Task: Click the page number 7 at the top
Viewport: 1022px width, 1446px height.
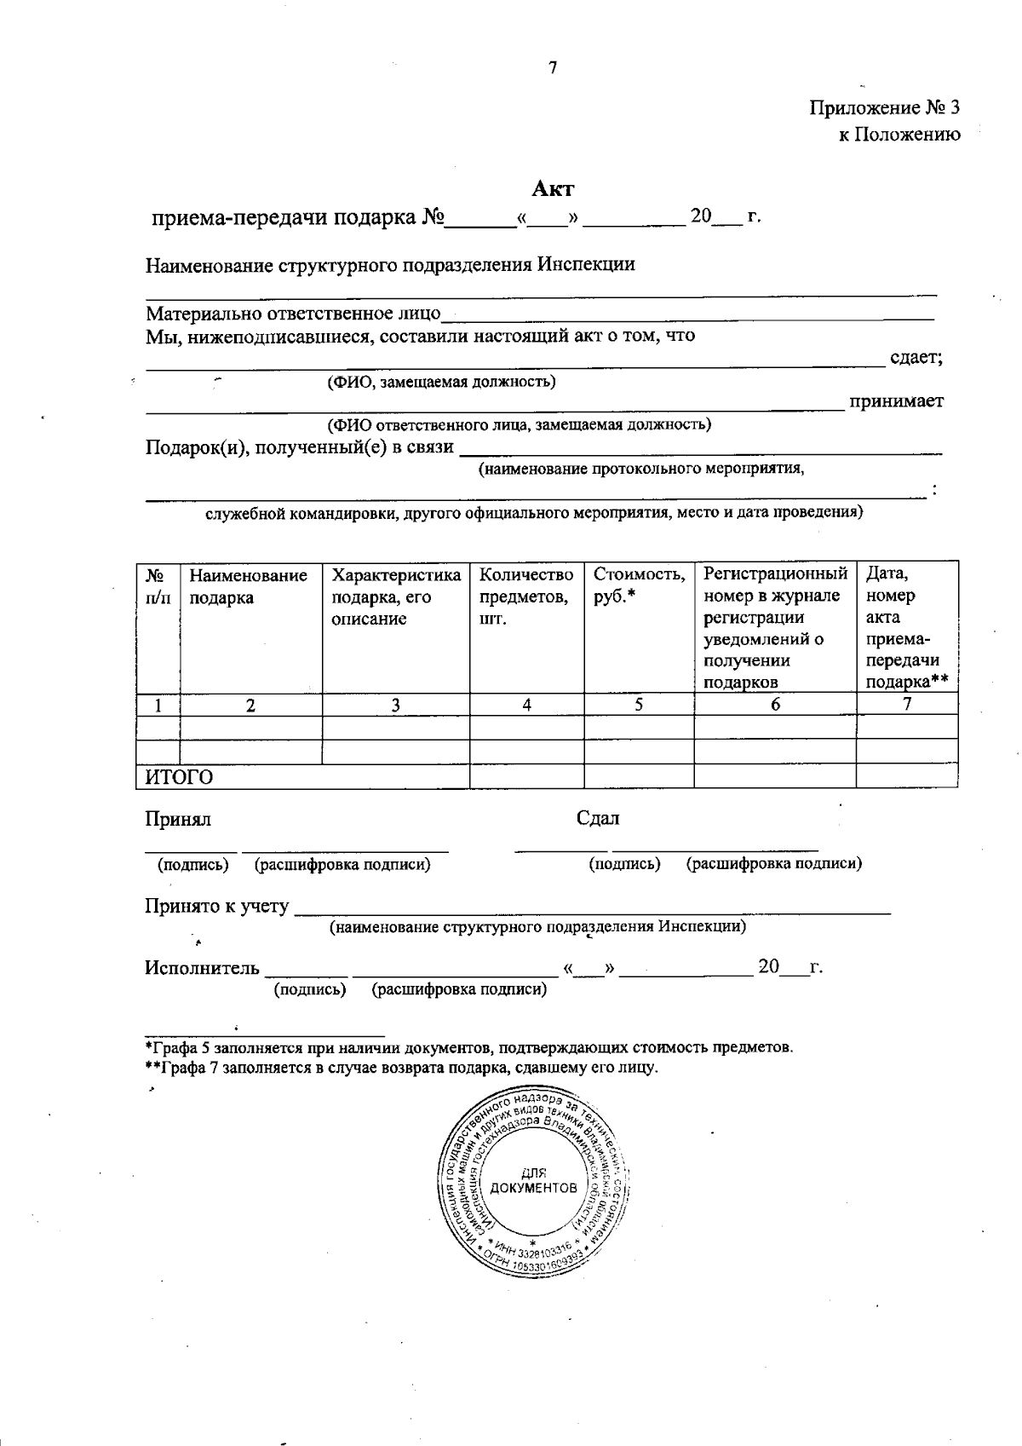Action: point(553,69)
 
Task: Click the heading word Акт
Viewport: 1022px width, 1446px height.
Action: point(554,189)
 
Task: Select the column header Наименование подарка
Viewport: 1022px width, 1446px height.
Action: point(248,587)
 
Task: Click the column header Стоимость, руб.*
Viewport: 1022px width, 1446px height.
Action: point(638,586)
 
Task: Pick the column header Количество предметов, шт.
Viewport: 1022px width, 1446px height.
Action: point(526,596)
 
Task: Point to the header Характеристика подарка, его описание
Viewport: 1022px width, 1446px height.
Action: point(395,596)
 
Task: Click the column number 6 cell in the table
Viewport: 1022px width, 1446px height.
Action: point(775,705)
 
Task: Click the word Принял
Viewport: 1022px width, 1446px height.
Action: point(178,820)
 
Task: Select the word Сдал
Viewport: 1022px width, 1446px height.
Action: point(598,819)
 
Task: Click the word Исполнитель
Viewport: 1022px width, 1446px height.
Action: point(202,968)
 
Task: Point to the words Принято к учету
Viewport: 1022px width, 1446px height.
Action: point(216,907)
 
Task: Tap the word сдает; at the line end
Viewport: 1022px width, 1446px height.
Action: point(916,358)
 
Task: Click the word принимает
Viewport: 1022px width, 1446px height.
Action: point(895,401)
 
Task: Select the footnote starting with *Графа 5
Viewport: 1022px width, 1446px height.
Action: point(468,1047)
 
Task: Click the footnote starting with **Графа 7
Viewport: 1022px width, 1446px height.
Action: point(400,1067)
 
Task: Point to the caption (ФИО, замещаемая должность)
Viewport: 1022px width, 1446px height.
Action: point(442,382)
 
